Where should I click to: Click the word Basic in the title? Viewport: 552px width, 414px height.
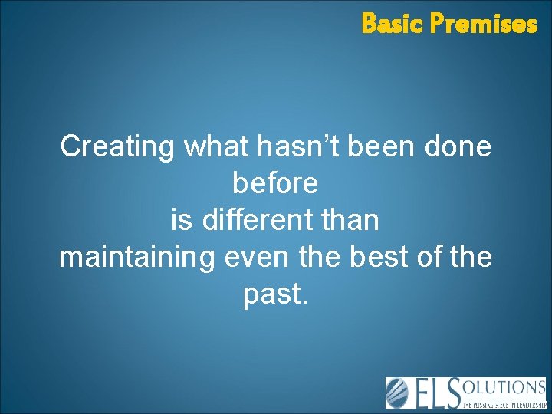pyautogui.click(x=393, y=25)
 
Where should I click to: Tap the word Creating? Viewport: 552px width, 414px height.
pyautogui.click(x=118, y=146)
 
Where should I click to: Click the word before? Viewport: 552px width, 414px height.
pyautogui.click(x=274, y=183)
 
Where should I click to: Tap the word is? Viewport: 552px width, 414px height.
pyautogui.click(x=182, y=220)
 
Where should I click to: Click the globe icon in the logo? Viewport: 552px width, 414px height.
pyautogui.click(x=399, y=393)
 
